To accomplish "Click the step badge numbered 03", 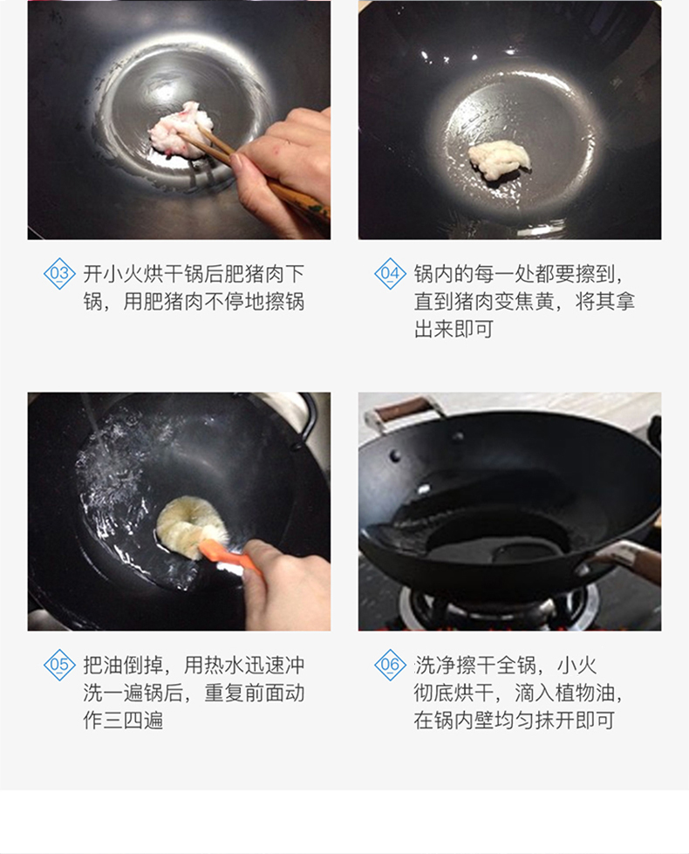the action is pyautogui.click(x=59, y=273).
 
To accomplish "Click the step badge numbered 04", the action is pyautogui.click(x=390, y=273).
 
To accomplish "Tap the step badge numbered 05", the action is pyautogui.click(x=59, y=665).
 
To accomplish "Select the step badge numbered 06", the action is pyautogui.click(x=390, y=665).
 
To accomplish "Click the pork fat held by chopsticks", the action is pyautogui.click(x=179, y=131).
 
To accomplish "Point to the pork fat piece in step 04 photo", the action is pyautogui.click(x=499, y=159).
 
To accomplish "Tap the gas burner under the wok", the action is pyautogui.click(x=498, y=607).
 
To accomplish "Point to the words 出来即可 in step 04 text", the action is pyautogui.click(x=454, y=329).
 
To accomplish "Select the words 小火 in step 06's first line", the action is pyautogui.click(x=576, y=665).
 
